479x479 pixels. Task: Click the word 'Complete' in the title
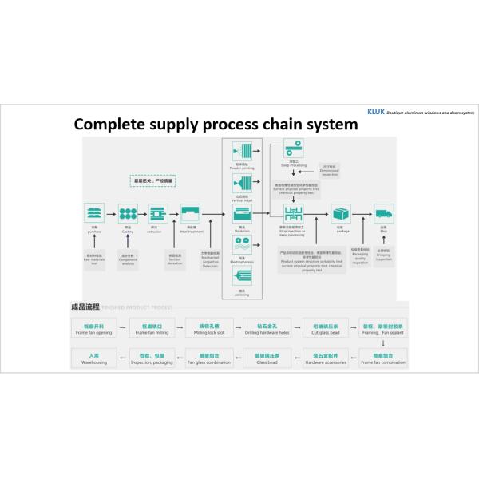(x=106, y=125)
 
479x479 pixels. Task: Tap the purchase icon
(x=95, y=213)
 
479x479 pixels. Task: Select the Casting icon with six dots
(x=127, y=213)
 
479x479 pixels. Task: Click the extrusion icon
(x=156, y=213)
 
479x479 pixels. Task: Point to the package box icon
(x=342, y=213)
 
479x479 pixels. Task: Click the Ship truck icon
(x=384, y=213)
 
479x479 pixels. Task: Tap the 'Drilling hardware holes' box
(x=272, y=329)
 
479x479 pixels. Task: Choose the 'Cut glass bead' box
(x=326, y=329)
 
